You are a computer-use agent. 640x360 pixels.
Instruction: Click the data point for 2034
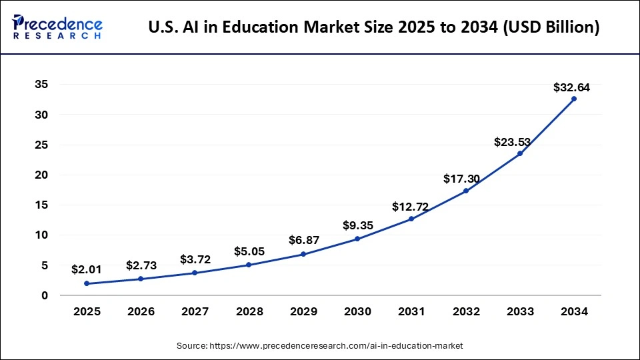[573, 99]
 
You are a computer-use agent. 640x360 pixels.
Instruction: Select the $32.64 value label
[571, 87]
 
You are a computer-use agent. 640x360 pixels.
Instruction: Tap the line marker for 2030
[357, 239]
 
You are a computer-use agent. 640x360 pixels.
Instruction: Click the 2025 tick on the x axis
[87, 311]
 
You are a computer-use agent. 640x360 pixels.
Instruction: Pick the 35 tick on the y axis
[41, 85]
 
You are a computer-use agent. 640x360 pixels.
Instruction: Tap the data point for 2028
[249, 265]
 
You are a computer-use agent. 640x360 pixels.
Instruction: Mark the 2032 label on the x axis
[465, 311]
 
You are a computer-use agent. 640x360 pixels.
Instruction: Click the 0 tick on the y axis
[44, 295]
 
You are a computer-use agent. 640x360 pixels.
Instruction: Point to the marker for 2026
[141, 279]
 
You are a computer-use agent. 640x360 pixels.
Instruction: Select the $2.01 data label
[87, 270]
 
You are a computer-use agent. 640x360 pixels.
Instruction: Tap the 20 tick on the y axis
[41, 175]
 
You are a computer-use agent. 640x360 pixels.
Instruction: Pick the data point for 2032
[465, 191]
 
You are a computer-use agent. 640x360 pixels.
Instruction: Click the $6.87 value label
[303, 240]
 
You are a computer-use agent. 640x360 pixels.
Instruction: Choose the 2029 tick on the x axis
[303, 311]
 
